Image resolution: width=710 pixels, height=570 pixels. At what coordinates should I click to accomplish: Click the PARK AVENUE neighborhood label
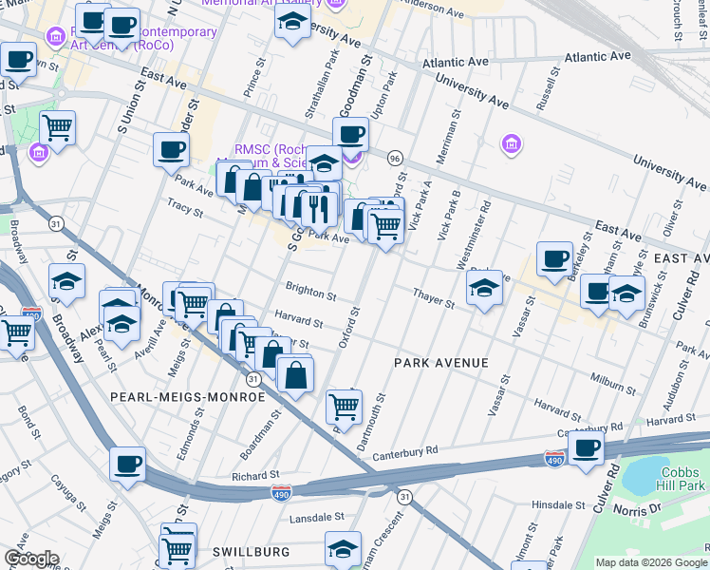pyautogui.click(x=441, y=363)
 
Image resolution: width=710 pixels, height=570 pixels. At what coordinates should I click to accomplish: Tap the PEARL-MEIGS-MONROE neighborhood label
pyautogui.click(x=187, y=396)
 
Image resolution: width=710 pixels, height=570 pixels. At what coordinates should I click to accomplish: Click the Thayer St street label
pyautogui.click(x=434, y=298)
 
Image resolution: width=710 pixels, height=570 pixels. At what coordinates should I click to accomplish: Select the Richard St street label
pyautogui.click(x=256, y=475)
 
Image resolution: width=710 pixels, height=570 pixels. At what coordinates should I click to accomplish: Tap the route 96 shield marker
pyautogui.click(x=395, y=158)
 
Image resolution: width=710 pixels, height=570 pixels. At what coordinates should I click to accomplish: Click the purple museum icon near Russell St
pyautogui.click(x=511, y=144)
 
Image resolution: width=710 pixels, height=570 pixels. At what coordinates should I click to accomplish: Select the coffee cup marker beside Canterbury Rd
pyautogui.click(x=586, y=447)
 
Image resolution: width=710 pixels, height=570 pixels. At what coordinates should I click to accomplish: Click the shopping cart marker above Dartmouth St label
pyautogui.click(x=344, y=406)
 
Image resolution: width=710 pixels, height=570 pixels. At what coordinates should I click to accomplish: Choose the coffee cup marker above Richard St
pyautogui.click(x=126, y=465)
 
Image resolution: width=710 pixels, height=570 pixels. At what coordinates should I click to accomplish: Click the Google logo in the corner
pyautogui.click(x=30, y=559)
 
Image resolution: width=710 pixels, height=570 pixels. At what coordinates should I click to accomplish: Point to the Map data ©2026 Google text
pyautogui.click(x=650, y=562)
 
